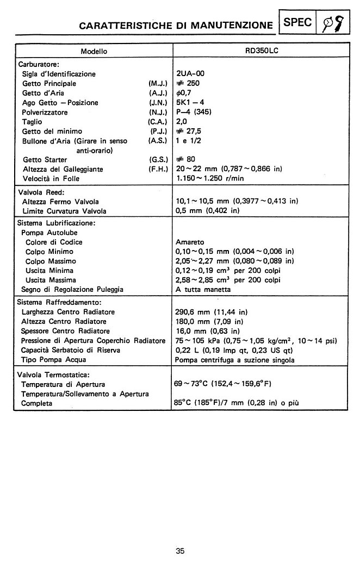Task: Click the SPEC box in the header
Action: tap(297, 22)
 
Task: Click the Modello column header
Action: tap(94, 52)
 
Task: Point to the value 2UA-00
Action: tap(191, 74)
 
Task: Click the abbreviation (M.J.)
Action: tap(157, 84)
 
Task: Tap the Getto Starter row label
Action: tap(45, 160)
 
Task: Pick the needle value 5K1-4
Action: tap(190, 103)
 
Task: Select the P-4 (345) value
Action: tap(194, 113)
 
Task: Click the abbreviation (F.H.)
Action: tap(157, 169)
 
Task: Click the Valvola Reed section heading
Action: tap(41, 192)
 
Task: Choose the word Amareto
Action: tap(190, 242)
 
